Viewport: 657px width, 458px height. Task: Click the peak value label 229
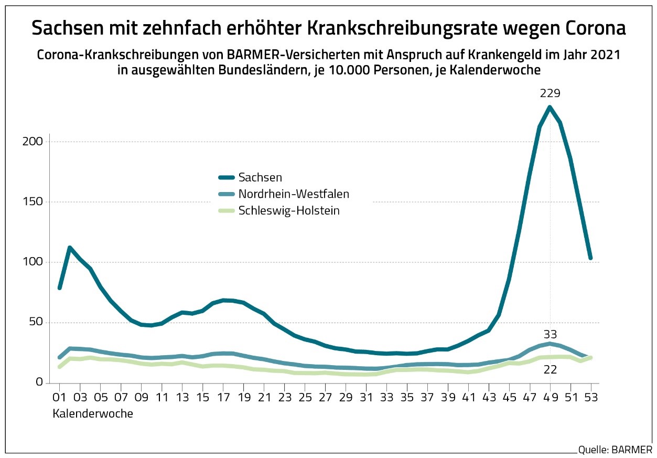pos(550,94)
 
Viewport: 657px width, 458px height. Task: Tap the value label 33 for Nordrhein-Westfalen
pos(550,334)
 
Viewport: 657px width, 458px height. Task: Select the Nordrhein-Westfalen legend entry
pos(293,194)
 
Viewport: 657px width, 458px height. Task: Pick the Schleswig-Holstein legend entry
pos(288,210)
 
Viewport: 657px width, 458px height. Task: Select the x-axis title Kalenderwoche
pos(92,414)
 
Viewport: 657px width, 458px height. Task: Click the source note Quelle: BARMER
pos(615,450)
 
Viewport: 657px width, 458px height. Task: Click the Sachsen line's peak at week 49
pos(550,107)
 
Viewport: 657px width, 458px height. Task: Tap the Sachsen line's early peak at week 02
pos(70,248)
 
